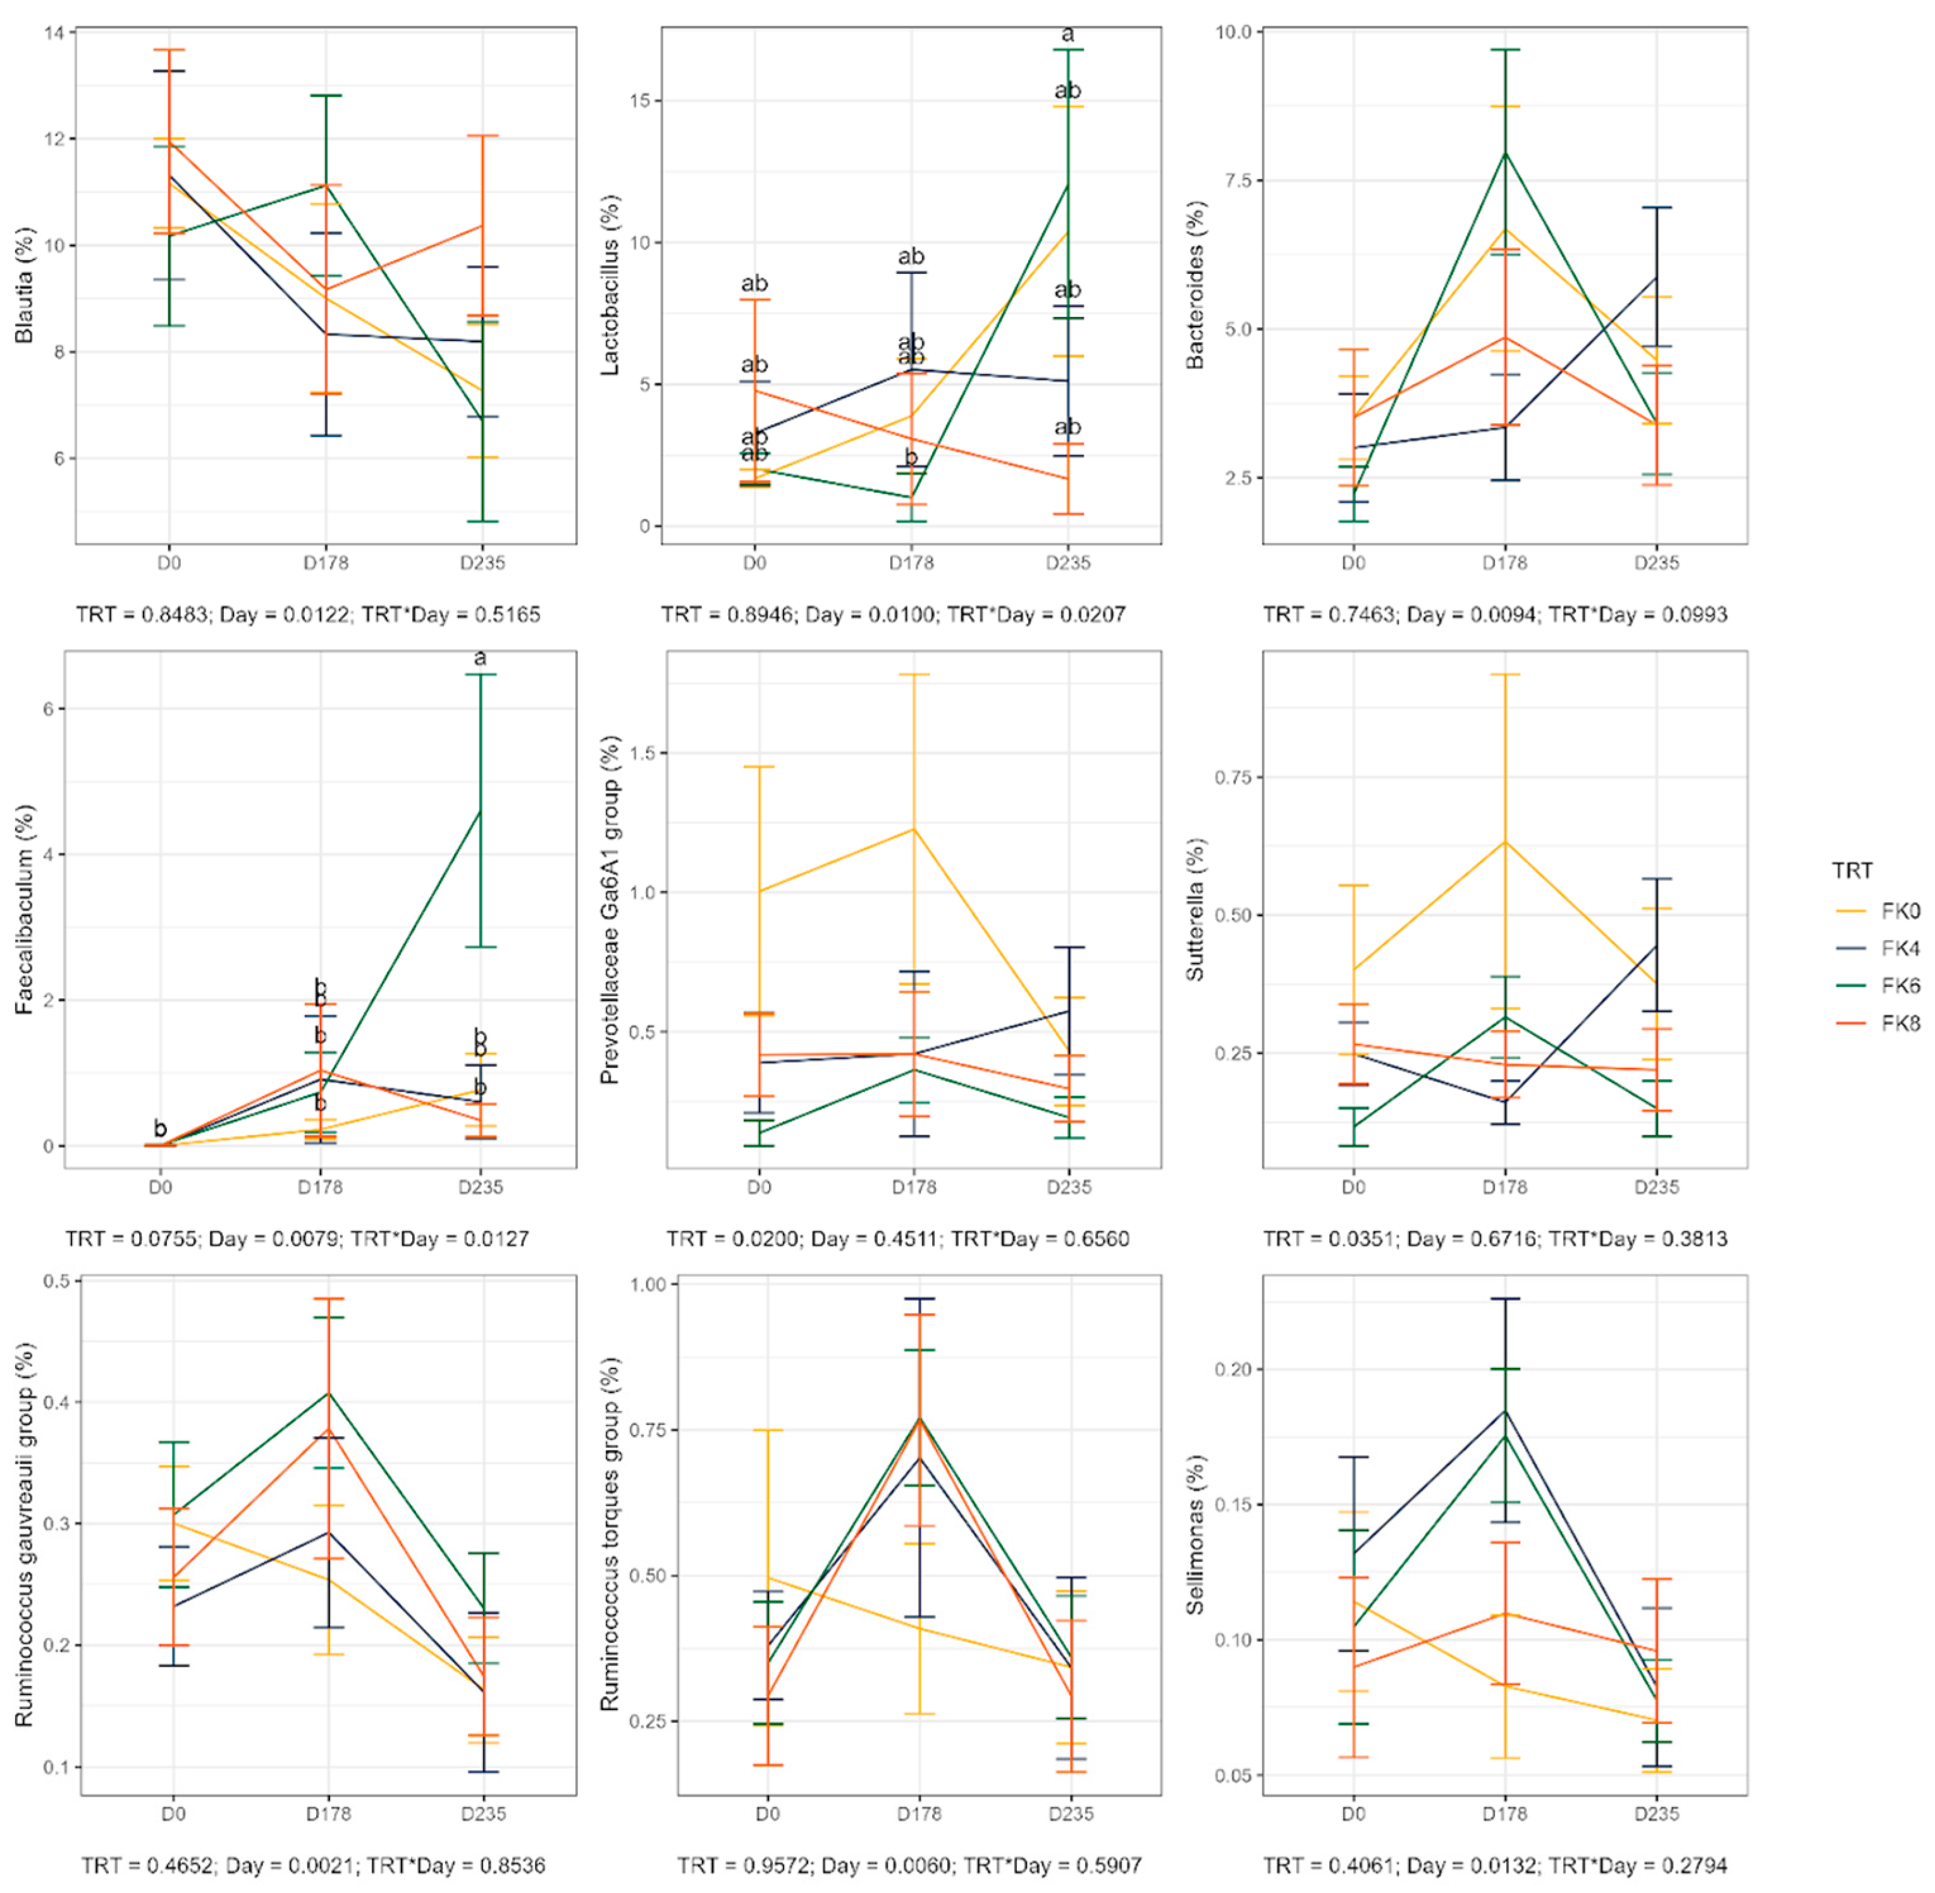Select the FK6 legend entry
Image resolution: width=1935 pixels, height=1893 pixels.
tap(1899, 985)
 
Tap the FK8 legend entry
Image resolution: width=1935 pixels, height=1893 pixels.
tap(1899, 1023)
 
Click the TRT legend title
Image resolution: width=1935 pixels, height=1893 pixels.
tap(1852, 871)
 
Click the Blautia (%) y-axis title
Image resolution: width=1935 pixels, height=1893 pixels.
tap(24, 285)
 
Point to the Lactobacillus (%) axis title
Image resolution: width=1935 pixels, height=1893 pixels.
tap(610, 285)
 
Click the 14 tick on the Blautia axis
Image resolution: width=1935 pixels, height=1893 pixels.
tap(54, 34)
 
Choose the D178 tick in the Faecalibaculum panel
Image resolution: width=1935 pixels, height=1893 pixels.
tap(320, 1187)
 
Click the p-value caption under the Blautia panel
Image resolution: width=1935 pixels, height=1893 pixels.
tap(308, 614)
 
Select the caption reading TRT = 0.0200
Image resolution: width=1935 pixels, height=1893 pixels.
tap(897, 1239)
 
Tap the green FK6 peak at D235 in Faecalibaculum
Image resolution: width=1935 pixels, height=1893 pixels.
tap(481, 811)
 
